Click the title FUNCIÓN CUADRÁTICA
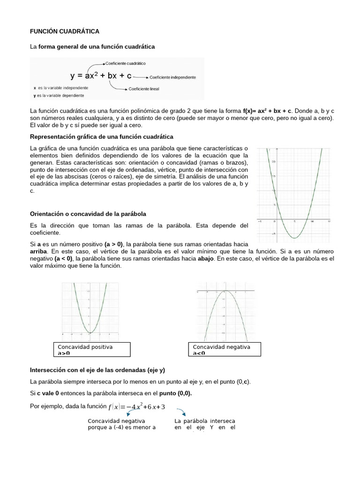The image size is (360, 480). [x=65, y=31]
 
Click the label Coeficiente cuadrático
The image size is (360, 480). [x=125, y=63]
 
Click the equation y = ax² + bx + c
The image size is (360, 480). [x=101, y=75]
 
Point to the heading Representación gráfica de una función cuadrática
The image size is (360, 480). [x=101, y=136]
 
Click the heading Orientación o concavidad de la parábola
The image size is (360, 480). [x=88, y=214]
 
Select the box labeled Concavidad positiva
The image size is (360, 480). [x=91, y=350]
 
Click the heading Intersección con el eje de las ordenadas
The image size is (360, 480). [x=97, y=370]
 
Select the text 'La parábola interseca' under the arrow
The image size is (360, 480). [x=205, y=421]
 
